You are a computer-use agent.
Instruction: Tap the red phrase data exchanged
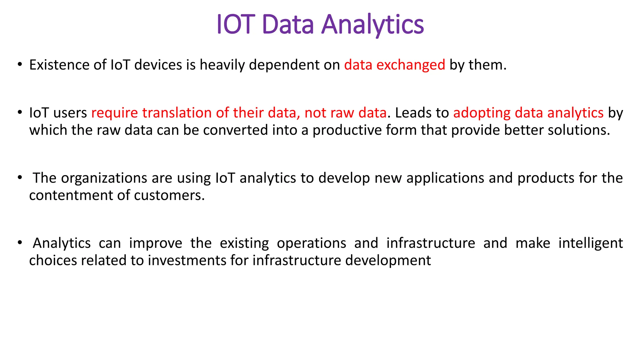pos(394,65)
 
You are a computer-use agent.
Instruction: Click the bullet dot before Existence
pos(20,64)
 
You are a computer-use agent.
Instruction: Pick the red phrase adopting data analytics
pos(528,113)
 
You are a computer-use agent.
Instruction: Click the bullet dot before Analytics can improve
pos(20,242)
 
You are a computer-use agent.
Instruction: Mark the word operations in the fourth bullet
pos(311,243)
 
